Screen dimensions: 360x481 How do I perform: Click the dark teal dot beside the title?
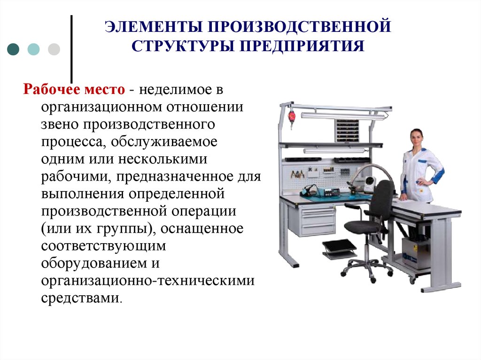point(14,49)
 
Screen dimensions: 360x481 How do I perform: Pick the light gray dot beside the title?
point(54,49)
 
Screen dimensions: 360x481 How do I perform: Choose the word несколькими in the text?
point(170,160)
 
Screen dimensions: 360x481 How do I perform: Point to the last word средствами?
point(81,298)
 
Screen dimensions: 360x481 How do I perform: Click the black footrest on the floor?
point(339,247)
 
